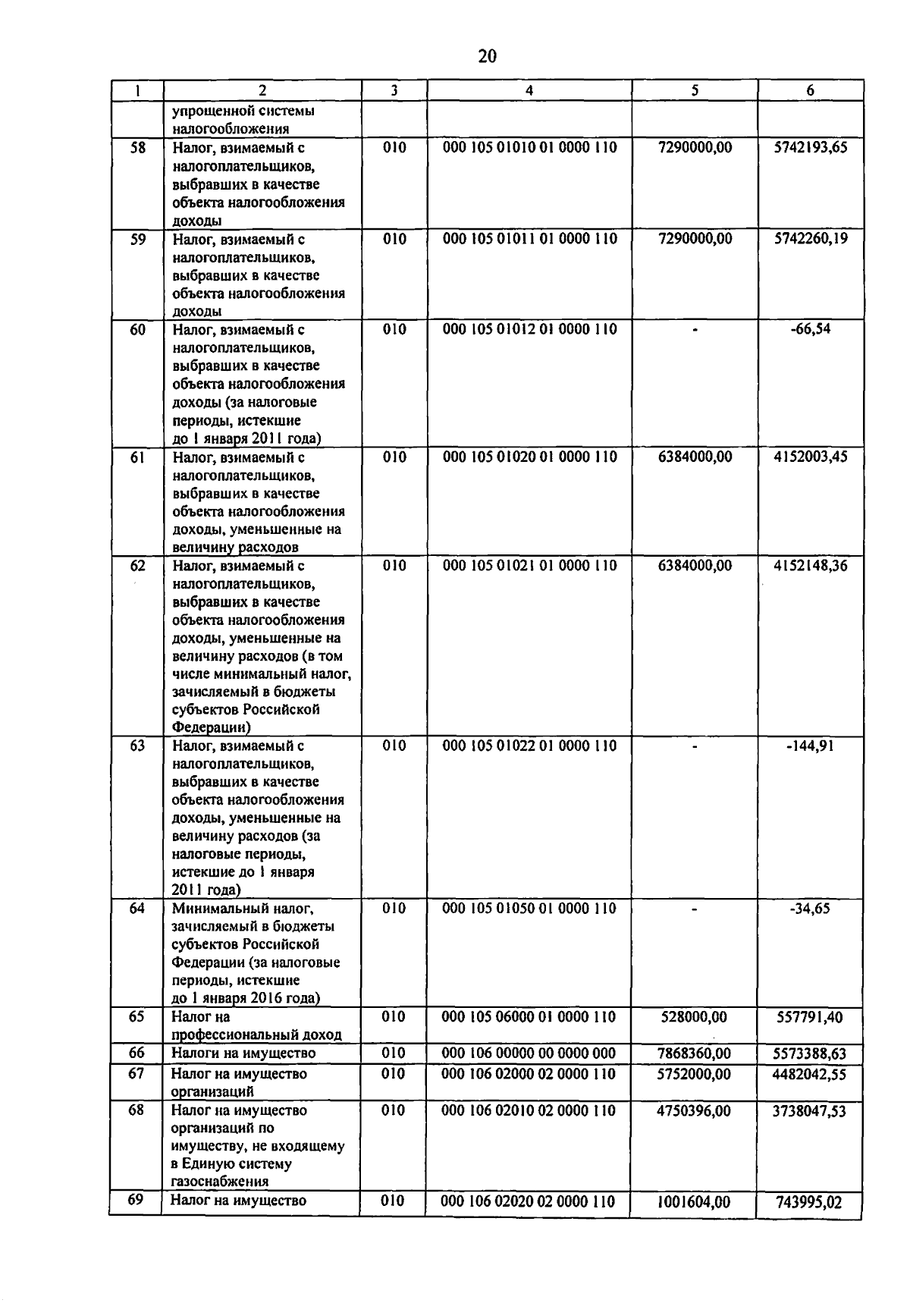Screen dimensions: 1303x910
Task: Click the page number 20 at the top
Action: pos(487,56)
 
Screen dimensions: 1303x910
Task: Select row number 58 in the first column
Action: pos(137,148)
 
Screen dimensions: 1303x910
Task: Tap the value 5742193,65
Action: pos(810,148)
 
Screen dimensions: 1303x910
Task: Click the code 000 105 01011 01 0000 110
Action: pos(529,239)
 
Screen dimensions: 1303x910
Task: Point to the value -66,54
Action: pos(810,329)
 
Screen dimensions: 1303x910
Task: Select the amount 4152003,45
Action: pos(810,457)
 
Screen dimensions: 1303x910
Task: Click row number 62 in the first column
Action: pos(137,566)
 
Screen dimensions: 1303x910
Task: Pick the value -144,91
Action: pos(810,746)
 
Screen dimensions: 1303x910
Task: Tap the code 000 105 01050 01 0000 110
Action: pos(529,909)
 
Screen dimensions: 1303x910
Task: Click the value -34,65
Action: pos(810,909)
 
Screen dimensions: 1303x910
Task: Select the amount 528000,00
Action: pos(694,1017)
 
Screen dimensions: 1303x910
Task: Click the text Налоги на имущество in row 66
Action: pos(243,1053)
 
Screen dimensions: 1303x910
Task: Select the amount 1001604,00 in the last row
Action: pos(694,1202)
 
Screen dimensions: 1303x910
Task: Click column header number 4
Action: pos(529,90)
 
